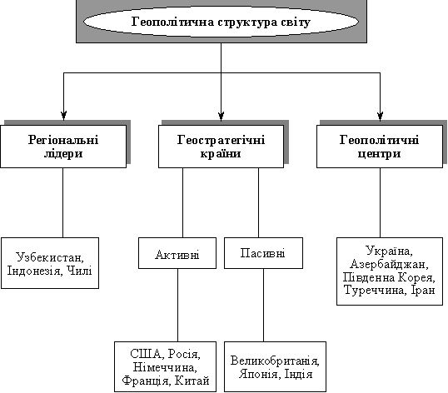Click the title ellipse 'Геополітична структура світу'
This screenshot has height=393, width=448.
[221, 22]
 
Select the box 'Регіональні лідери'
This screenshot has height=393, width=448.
[63, 147]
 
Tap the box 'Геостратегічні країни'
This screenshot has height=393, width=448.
[222, 147]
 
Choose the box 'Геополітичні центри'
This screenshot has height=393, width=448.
[380, 147]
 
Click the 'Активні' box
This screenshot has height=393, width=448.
[177, 253]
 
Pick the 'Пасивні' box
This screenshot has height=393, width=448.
[263, 253]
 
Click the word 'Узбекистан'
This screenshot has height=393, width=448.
[50, 257]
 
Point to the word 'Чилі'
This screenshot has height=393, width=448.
[79, 271]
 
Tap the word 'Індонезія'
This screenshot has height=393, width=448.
[34, 271]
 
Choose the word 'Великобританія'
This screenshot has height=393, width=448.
[275, 361]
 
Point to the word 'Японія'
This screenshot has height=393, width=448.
[258, 374]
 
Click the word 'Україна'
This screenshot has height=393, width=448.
[389, 251]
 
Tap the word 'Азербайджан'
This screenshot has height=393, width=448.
[389, 264]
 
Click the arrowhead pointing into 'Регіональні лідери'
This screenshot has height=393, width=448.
[64, 116]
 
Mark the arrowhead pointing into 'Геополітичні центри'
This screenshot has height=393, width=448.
[380, 116]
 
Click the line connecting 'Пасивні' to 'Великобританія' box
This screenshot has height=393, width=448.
[263, 305]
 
